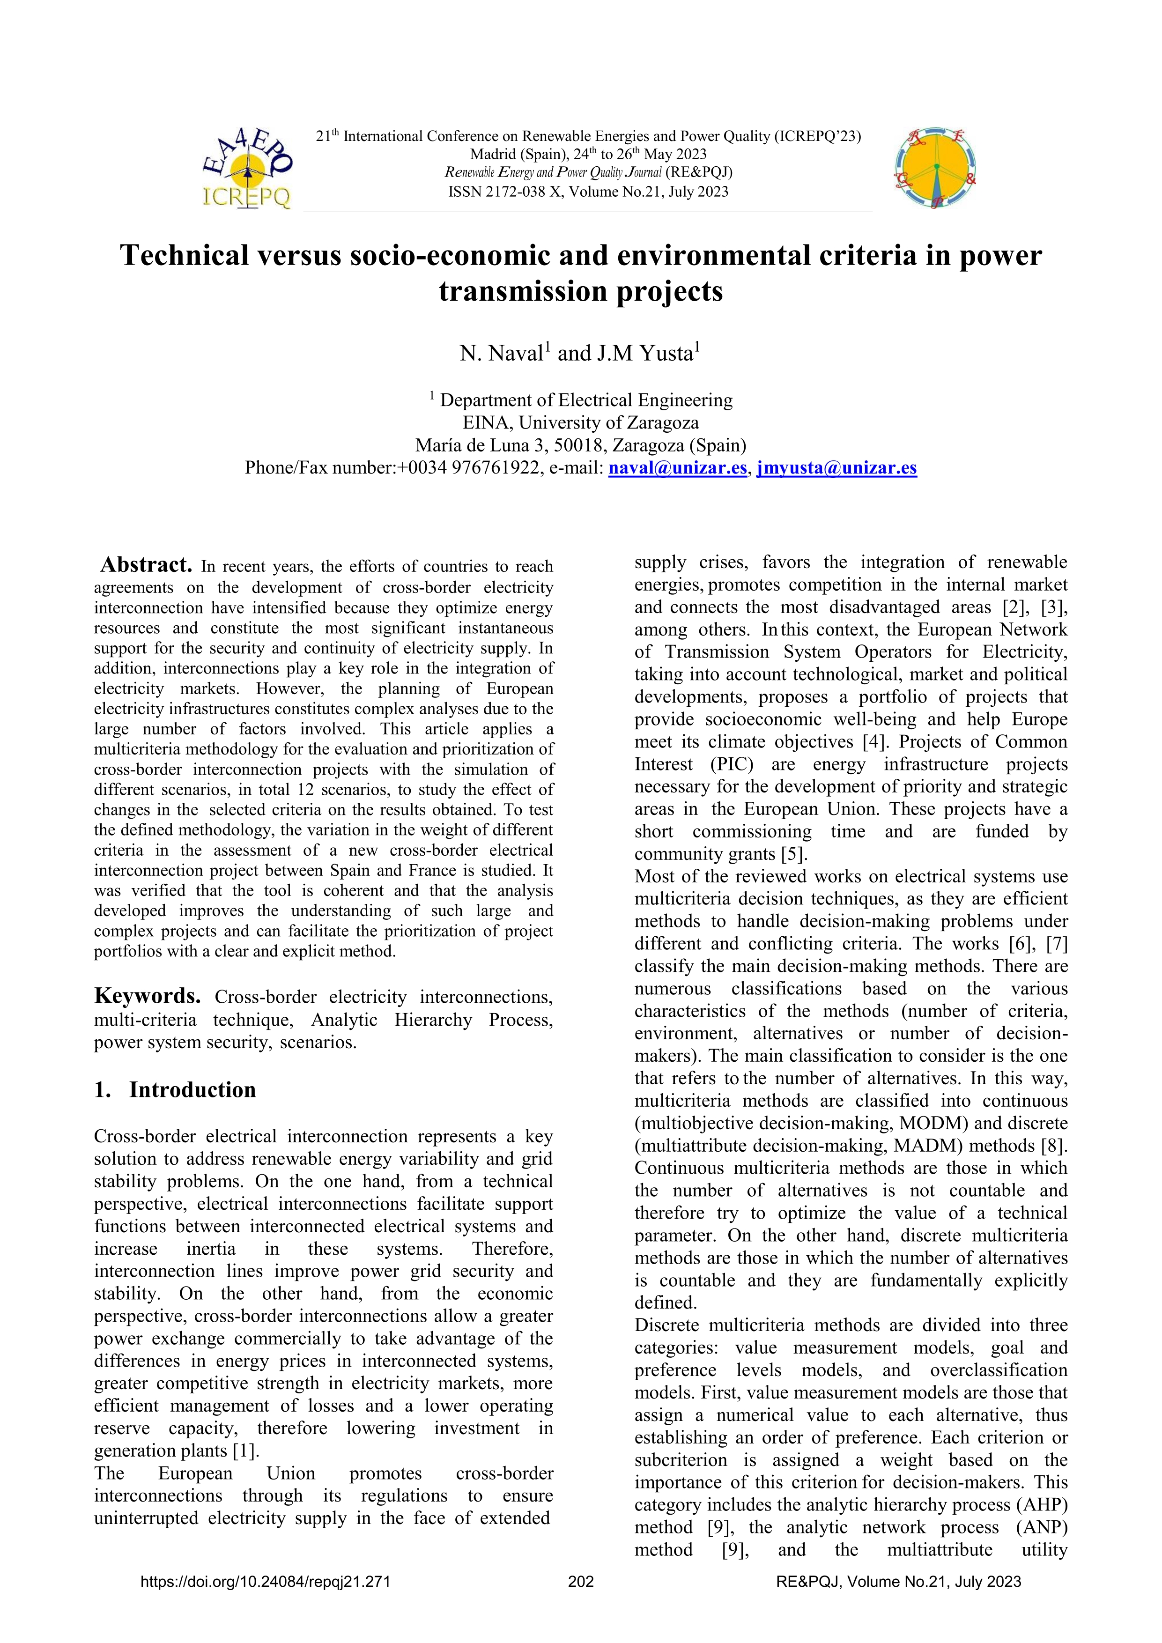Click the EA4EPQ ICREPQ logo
click(x=247, y=170)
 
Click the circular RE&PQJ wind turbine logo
click(x=935, y=170)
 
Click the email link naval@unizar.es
click(x=677, y=468)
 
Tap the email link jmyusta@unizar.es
click(x=836, y=468)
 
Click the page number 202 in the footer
click(x=580, y=1582)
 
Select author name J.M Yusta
click(x=644, y=354)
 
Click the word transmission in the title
click(x=521, y=291)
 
